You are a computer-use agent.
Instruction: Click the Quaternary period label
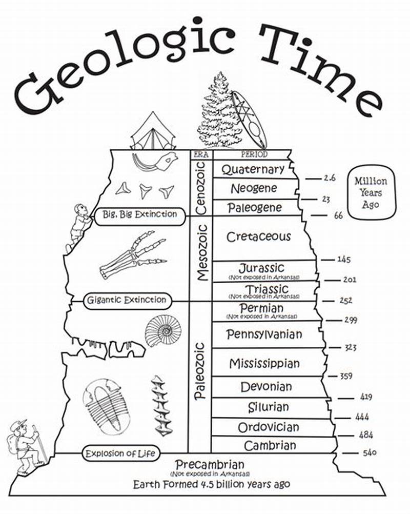(x=253, y=169)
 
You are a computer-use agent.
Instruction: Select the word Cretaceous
(x=258, y=237)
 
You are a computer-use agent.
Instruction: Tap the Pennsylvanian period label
(x=264, y=334)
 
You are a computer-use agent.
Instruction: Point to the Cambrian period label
(x=270, y=445)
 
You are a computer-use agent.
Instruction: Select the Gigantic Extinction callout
(x=127, y=300)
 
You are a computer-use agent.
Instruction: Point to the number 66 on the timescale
(x=338, y=216)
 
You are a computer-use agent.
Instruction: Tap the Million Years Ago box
(x=371, y=192)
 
